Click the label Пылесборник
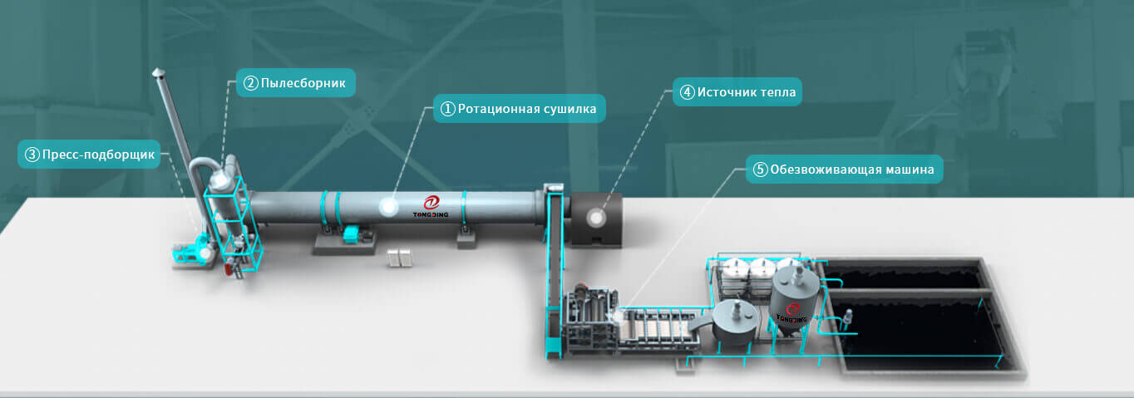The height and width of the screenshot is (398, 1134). point(296,83)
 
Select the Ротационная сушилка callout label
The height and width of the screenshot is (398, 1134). point(520,109)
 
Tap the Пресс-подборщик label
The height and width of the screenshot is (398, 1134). point(89,155)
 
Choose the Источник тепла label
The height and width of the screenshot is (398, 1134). point(737,92)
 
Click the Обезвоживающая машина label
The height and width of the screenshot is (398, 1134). point(845,170)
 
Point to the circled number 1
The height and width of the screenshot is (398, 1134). point(447,109)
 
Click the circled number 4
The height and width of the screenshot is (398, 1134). point(687,92)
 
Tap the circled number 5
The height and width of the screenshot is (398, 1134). point(761,170)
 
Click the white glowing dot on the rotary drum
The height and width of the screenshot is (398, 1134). point(389,206)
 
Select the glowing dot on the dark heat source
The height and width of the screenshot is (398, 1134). point(596,218)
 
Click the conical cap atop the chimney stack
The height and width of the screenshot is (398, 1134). point(158,73)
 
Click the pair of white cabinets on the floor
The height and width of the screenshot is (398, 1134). point(399,258)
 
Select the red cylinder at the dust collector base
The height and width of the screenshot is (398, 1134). point(229,267)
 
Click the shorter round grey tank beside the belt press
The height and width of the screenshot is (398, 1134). point(735,322)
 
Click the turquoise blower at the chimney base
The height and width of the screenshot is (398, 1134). point(192,252)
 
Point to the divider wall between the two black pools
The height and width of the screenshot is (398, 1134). point(909,292)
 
